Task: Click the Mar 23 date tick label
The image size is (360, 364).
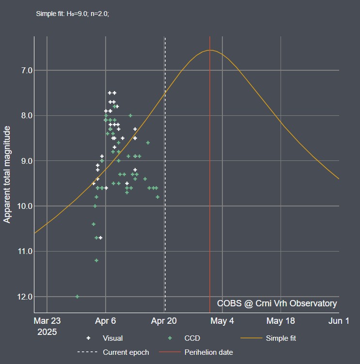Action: click(47, 321)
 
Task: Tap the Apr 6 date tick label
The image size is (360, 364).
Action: click(106, 321)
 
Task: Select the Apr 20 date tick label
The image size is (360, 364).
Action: click(164, 321)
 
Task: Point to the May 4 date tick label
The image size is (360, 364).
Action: click(222, 321)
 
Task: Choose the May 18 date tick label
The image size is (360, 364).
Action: click(281, 321)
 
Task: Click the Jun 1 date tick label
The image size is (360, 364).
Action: click(339, 321)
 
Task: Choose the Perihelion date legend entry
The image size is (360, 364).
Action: click(208, 352)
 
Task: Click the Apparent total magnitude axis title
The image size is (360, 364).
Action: click(7, 174)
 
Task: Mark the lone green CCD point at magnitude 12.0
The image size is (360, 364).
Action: click(78, 297)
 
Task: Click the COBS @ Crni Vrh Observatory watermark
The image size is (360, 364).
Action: click(277, 303)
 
